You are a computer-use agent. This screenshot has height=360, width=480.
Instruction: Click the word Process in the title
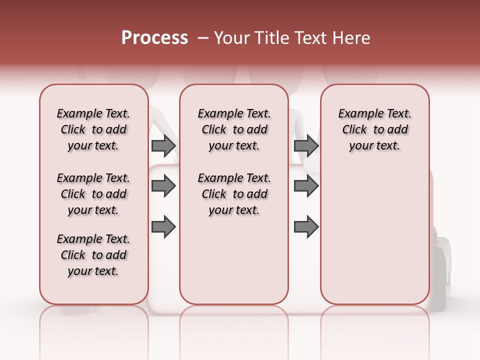point(154,38)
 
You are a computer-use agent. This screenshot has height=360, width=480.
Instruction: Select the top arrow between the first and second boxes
point(163,145)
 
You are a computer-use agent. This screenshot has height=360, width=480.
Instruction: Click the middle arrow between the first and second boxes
point(163,186)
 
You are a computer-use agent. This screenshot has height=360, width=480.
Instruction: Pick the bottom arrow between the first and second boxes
point(163,226)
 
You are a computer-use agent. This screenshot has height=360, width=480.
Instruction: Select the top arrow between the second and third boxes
point(306,145)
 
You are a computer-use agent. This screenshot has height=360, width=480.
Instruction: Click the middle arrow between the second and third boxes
point(306,186)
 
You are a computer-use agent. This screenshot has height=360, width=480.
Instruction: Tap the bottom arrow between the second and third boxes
point(306,226)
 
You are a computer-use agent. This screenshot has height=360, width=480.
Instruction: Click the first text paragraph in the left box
point(93,129)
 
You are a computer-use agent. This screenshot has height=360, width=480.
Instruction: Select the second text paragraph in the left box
point(93,194)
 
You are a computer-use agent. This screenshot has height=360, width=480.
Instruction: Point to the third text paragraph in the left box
point(93,255)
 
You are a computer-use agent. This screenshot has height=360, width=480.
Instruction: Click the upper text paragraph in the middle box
point(234,129)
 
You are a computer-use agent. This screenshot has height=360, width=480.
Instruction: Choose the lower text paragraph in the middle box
point(234,194)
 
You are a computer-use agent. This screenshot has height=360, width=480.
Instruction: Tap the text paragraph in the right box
point(375,129)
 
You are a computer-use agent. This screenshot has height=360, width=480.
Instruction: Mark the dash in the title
point(203,38)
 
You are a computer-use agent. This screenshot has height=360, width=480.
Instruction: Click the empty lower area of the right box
point(375,235)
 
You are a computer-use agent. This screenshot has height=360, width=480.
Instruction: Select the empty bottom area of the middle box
point(234,265)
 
